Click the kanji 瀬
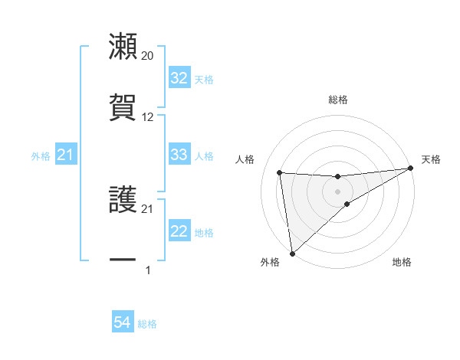[123, 46]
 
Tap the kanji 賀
[123, 107]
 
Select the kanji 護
[123, 201]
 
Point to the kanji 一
[123, 260]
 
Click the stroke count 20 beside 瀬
[148, 56]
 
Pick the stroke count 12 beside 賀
[148, 117]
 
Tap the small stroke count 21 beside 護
[148, 209]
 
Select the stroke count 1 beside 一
[148, 270]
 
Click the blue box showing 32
[179, 79]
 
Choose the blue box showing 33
[179, 155]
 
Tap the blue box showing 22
[179, 231]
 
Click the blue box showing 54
[123, 323]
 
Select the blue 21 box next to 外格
[65, 155]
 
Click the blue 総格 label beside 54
[147, 324]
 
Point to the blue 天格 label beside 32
[204, 80]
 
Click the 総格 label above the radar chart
[338, 100]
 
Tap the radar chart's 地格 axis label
[402, 263]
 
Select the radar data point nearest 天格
[411, 169]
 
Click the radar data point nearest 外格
[291, 253]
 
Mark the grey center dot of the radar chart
[338, 191]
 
